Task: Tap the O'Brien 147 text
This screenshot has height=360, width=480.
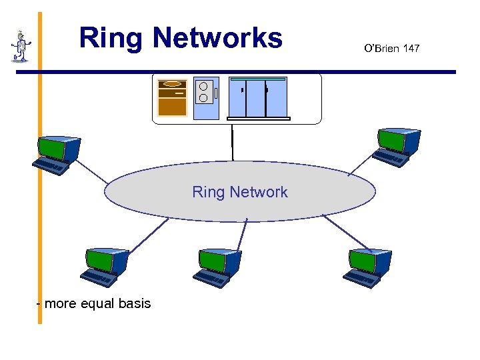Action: (392, 48)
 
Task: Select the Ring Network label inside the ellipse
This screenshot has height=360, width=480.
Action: (240, 192)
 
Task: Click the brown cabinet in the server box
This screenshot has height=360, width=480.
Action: (172, 98)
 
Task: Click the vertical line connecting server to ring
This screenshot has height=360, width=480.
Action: (232, 141)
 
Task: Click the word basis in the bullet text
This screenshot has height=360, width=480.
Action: (135, 304)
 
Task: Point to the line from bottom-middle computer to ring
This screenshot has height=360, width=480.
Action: (241, 235)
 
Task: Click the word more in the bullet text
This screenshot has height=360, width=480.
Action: (61, 304)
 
